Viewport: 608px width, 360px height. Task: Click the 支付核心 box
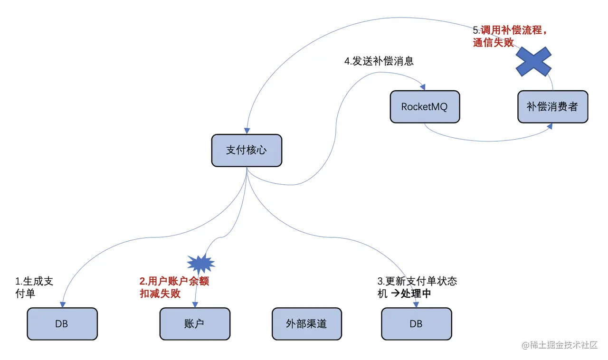coord(247,150)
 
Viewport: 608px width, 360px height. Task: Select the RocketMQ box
coord(425,107)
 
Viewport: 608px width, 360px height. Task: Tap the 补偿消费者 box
coord(552,107)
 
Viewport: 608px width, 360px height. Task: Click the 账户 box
coord(195,323)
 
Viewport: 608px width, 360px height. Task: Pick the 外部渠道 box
coord(307,323)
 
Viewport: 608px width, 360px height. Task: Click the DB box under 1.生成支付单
coord(62,323)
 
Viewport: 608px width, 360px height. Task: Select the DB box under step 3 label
coord(417,323)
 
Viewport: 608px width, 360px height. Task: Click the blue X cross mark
coord(533,61)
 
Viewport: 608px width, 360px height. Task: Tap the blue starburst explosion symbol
coord(201,263)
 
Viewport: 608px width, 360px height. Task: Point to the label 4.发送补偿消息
coord(379,61)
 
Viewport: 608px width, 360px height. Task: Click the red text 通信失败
coord(493,42)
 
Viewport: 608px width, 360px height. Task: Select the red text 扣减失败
coord(160,293)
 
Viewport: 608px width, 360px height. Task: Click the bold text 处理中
coord(416,293)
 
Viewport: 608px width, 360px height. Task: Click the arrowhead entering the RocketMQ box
coord(423,87)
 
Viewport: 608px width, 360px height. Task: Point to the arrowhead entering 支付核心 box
coord(247,131)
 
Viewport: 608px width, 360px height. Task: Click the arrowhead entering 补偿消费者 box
coord(550,126)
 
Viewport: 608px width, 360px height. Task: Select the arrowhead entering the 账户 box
coord(195,304)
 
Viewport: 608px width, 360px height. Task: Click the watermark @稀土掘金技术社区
coord(560,345)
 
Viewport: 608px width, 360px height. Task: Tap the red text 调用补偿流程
coord(511,30)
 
